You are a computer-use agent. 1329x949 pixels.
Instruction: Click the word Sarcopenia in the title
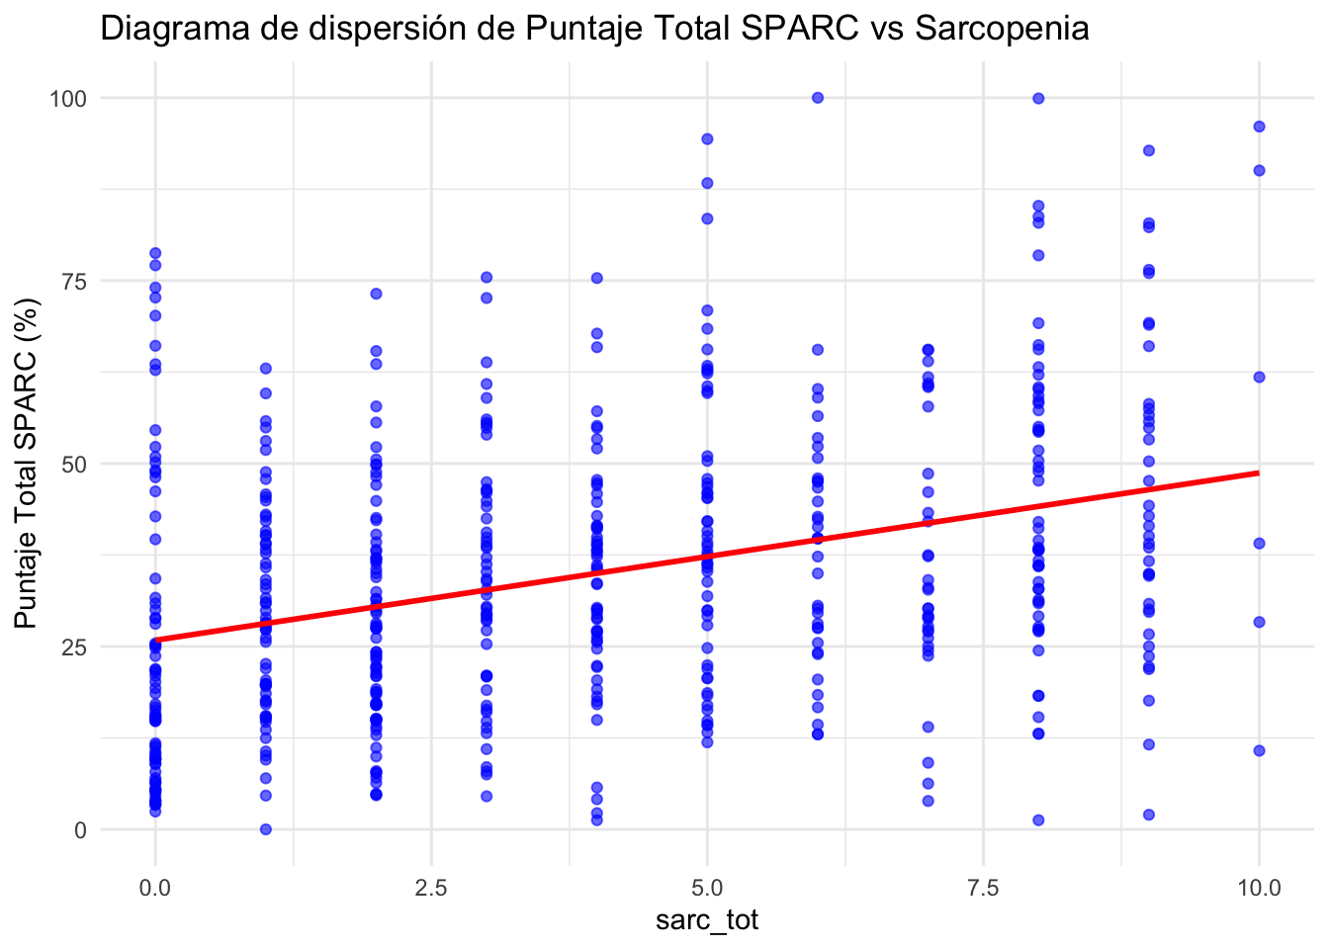coord(1002,29)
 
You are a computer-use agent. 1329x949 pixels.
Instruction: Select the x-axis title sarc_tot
coord(707,921)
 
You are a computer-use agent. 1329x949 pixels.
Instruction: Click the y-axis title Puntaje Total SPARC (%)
coord(27,464)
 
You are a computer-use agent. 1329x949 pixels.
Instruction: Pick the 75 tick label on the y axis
coord(76,281)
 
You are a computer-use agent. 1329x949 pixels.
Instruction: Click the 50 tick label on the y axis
coord(76,464)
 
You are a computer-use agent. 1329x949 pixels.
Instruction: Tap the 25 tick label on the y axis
coord(76,647)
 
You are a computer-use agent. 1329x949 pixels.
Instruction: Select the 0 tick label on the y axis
coord(81,829)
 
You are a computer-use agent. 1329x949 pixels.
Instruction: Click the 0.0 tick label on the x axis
coord(155,887)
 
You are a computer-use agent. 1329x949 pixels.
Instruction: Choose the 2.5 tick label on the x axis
coord(431,887)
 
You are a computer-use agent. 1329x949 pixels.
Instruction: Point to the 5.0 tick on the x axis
coord(707,887)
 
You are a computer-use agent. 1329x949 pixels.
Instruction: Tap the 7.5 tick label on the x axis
coord(983,887)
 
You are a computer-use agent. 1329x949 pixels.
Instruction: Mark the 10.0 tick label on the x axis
coord(1259,887)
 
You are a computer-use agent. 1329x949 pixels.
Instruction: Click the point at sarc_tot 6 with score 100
coord(818,97)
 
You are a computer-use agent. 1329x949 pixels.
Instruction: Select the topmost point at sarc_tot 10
coord(1259,126)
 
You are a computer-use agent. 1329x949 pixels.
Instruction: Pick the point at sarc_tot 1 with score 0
coord(265,829)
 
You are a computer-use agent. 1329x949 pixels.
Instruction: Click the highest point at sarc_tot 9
coord(1149,150)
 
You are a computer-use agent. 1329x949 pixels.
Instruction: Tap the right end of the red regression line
coord(1258,473)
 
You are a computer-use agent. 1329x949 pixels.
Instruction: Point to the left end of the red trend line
coord(156,640)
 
